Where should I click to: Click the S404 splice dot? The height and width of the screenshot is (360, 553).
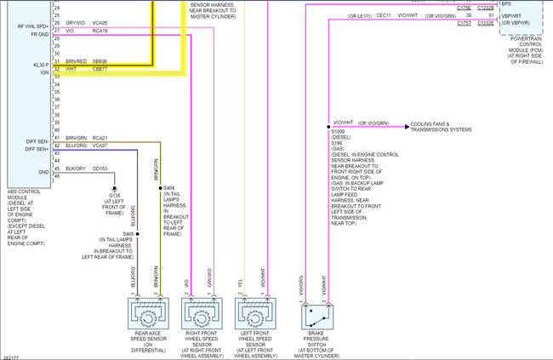pyautogui.click(x=158, y=187)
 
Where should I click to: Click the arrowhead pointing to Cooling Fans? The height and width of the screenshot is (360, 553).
pyautogui.click(x=407, y=124)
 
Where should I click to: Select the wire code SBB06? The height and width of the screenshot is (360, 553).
pyautogui.click(x=100, y=61)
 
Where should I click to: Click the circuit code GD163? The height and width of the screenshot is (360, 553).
pyautogui.click(x=100, y=168)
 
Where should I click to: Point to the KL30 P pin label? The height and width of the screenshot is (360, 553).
pyautogui.click(x=38, y=64)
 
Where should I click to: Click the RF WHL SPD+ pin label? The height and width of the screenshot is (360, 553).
pyautogui.click(x=32, y=26)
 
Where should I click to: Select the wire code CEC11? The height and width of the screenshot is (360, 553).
pyautogui.click(x=383, y=15)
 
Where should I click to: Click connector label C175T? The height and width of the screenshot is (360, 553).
pyautogui.click(x=464, y=23)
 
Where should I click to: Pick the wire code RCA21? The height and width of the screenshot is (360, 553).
pyautogui.click(x=100, y=137)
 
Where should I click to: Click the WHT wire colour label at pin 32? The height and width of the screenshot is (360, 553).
pyautogui.click(x=71, y=69)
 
